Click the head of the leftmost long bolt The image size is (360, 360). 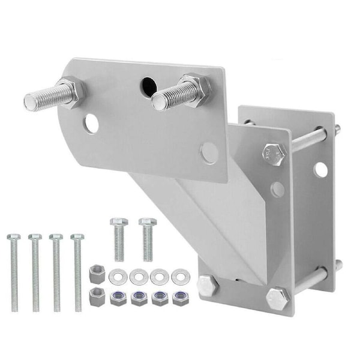pos(13,237)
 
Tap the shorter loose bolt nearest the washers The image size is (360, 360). pos(148,237)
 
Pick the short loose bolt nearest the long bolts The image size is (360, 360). pos(119,237)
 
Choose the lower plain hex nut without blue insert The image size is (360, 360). pos(97,296)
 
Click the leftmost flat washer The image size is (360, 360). pos(118,277)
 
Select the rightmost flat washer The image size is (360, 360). pos(179,277)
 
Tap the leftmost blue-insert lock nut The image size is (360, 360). pos(118,298)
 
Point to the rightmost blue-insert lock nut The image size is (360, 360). pos(179,298)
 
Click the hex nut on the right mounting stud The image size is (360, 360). pos(195,89)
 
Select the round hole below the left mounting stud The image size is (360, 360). pos(91,124)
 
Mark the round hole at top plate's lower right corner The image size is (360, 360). pos(209,153)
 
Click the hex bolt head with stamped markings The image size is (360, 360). pos(273,153)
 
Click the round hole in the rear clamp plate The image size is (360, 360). pos(321,170)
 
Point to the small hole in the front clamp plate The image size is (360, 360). pos(277,189)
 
